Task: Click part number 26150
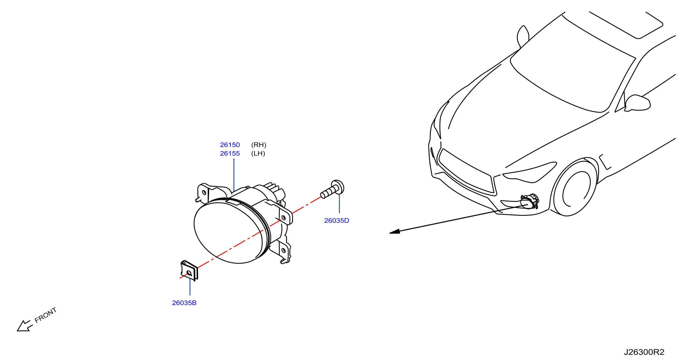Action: pyautogui.click(x=230, y=145)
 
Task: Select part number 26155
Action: pyautogui.click(x=230, y=154)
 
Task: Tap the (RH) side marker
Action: pyautogui.click(x=258, y=145)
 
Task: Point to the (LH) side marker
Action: pyautogui.click(x=258, y=154)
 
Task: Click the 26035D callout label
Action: pyautogui.click(x=337, y=221)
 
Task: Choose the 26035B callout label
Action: pyautogui.click(x=184, y=303)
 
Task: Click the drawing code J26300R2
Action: pyautogui.click(x=644, y=352)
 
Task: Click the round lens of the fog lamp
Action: pyautogui.click(x=228, y=233)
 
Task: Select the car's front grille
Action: pyautogui.click(x=467, y=172)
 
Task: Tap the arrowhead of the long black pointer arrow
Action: pyautogui.click(x=395, y=232)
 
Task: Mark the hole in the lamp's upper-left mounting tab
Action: pyautogui.click(x=204, y=193)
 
